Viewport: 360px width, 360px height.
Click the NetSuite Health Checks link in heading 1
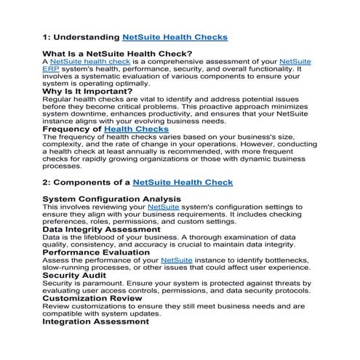click(x=175, y=36)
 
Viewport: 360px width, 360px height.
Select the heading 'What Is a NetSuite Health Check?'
click(x=117, y=54)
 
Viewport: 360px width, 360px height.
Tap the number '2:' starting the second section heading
click(x=47, y=182)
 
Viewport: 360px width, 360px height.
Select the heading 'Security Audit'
click(x=77, y=276)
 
